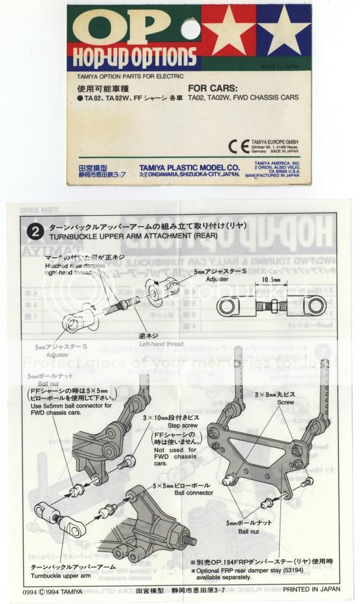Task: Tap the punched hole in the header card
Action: pyautogui.click(x=190, y=29)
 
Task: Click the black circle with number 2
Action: pyautogui.click(x=35, y=231)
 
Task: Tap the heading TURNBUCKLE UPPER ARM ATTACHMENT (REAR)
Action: pyautogui.click(x=135, y=236)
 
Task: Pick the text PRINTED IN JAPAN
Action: pyautogui.click(x=311, y=589)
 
